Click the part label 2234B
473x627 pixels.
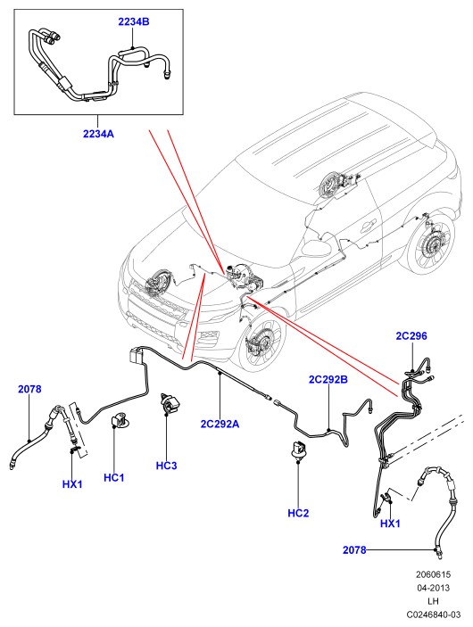(x=134, y=21)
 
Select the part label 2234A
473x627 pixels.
(x=98, y=134)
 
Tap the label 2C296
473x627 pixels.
(x=411, y=336)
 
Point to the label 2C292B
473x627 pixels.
(x=328, y=379)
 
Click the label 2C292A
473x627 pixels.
(x=220, y=424)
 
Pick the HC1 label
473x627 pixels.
(x=114, y=477)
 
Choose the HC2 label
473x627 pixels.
(x=299, y=513)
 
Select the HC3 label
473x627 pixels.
(x=167, y=466)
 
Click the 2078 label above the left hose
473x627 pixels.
(x=29, y=389)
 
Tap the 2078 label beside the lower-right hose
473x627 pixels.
(x=354, y=550)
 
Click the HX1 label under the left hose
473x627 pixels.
(x=72, y=484)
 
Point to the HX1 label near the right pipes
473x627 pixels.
(x=390, y=523)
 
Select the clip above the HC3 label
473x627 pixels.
(x=169, y=403)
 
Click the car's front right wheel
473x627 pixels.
(x=261, y=340)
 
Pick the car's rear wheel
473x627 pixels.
(x=428, y=247)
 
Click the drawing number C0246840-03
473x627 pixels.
(x=434, y=615)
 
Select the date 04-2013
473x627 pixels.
(x=434, y=588)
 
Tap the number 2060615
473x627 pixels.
(x=434, y=574)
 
